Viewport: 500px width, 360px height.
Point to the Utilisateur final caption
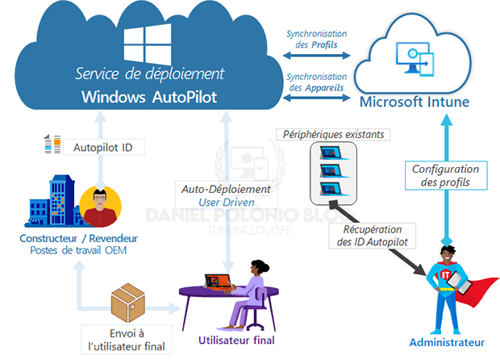[x=236, y=340]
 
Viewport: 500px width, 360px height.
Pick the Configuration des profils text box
[x=445, y=176]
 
